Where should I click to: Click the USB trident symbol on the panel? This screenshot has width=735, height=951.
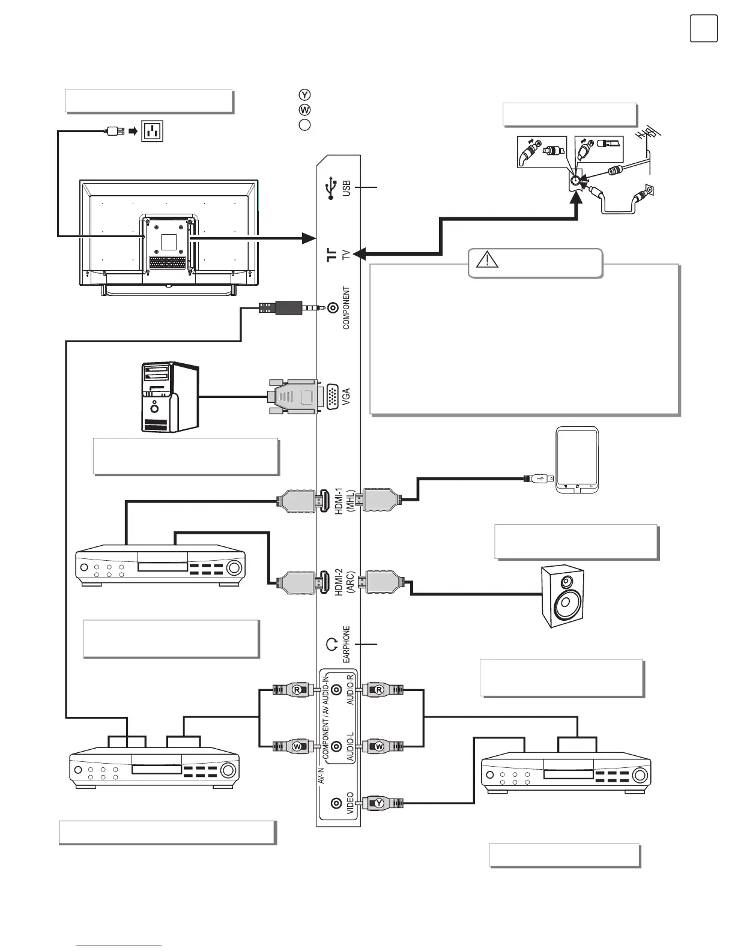[x=330, y=188]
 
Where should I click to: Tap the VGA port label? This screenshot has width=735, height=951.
[x=345, y=397]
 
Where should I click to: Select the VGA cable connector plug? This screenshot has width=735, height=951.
[x=294, y=397]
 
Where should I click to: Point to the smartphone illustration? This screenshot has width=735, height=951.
[x=576, y=460]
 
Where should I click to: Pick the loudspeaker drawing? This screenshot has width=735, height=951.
[x=563, y=596]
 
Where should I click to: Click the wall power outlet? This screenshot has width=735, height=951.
[x=153, y=130]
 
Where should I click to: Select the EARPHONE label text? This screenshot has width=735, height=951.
[x=346, y=644]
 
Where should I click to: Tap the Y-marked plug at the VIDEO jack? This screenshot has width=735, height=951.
[x=381, y=802]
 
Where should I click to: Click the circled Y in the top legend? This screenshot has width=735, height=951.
[x=304, y=95]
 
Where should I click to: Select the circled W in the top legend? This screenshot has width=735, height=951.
[x=304, y=110]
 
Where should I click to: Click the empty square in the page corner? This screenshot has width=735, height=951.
[x=703, y=28]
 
